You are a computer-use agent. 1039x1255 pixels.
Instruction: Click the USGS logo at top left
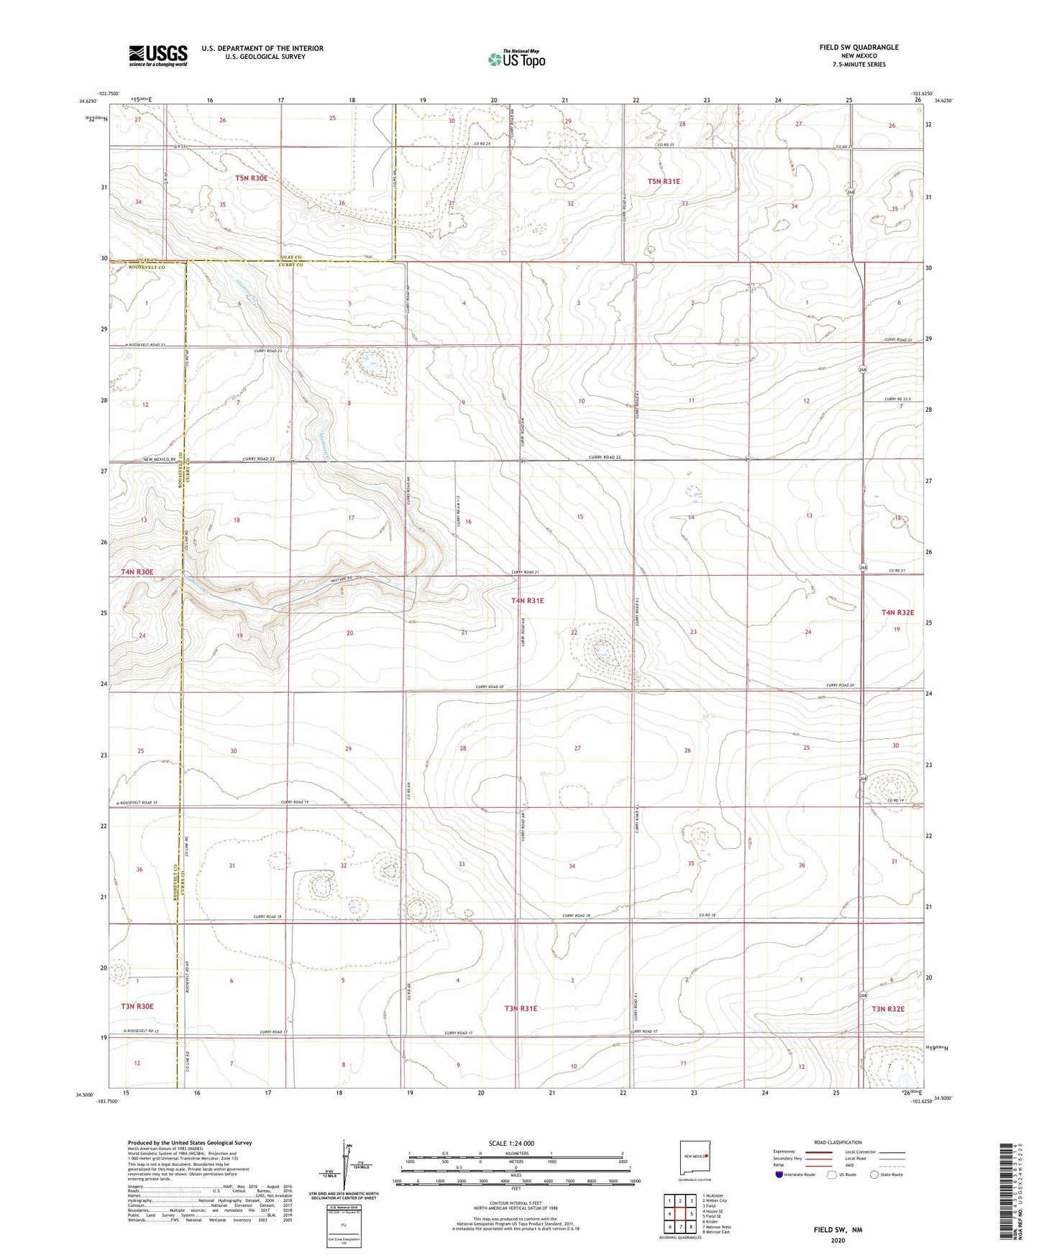(x=158, y=55)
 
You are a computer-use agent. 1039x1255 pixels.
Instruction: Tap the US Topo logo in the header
(x=516, y=59)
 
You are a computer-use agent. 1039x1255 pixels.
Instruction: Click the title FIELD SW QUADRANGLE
(x=859, y=47)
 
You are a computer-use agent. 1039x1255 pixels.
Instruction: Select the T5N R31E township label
(x=663, y=182)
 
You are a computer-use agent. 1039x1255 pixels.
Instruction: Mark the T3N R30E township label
(x=137, y=1006)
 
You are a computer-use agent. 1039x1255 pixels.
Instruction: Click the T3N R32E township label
(x=888, y=1009)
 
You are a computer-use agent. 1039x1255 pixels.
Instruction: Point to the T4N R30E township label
(x=137, y=572)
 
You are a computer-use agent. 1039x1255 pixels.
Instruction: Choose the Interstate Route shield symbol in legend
(x=781, y=1174)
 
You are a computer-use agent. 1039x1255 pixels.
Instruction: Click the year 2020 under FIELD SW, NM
(x=838, y=1241)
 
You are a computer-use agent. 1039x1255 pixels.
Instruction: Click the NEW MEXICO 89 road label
(x=159, y=459)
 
